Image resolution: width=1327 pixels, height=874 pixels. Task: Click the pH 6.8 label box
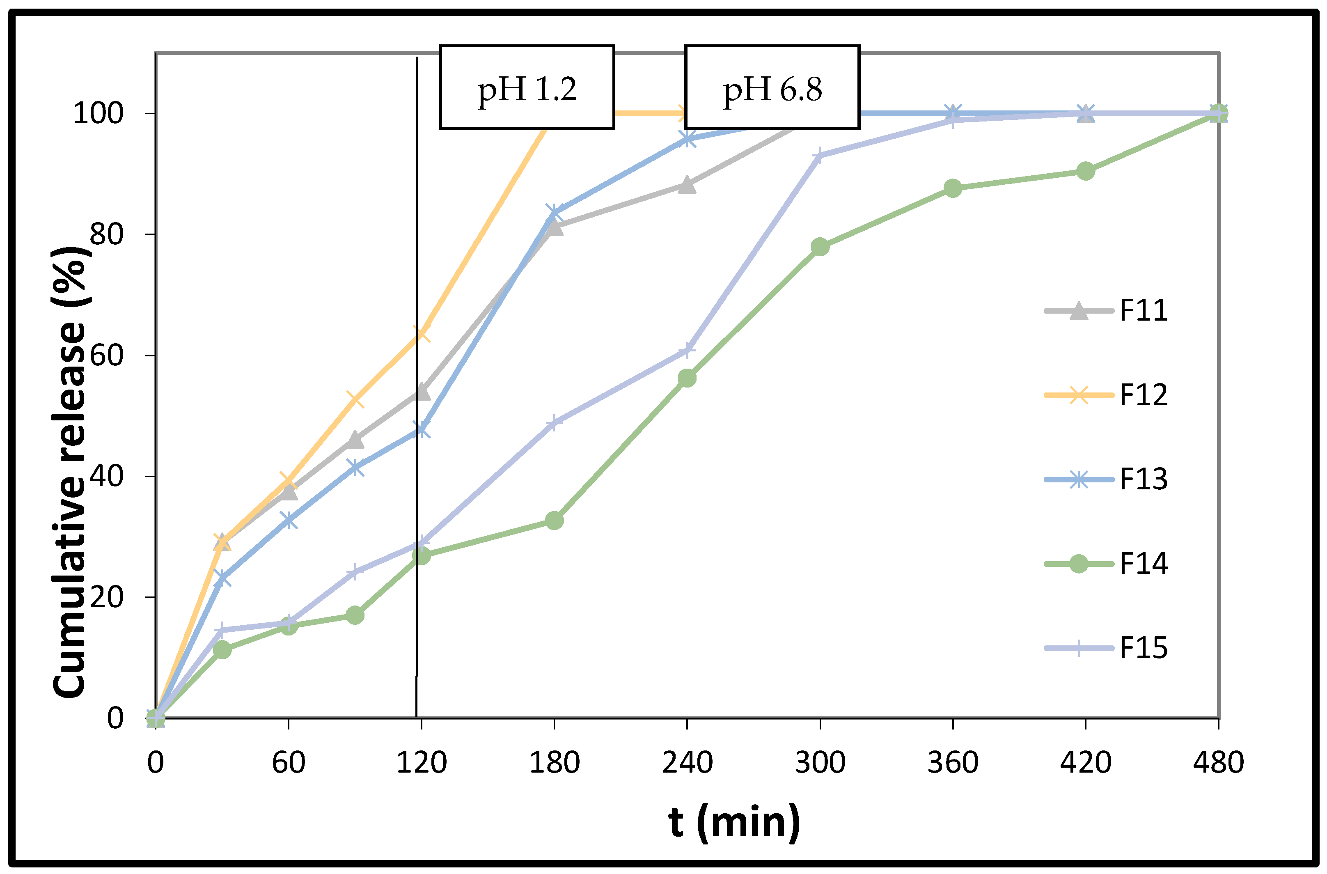(772, 87)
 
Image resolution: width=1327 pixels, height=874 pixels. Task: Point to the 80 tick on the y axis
(106, 234)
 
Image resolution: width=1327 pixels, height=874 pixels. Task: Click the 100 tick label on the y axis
(98, 113)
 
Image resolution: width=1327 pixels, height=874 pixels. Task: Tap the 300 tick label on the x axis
(820, 762)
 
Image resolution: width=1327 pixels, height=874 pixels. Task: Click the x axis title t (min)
(734, 821)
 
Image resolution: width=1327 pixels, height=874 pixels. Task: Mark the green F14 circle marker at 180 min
(554, 521)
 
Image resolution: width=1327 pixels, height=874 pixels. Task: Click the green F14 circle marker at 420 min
(1085, 171)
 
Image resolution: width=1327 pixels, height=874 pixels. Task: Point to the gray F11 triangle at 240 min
(687, 185)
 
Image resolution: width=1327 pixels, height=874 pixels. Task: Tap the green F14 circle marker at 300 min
(820, 247)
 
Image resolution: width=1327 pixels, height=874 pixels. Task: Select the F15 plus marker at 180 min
(554, 422)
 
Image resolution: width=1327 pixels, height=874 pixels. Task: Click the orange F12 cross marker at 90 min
(355, 399)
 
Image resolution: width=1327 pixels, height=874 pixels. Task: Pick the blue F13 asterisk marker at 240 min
(687, 139)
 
